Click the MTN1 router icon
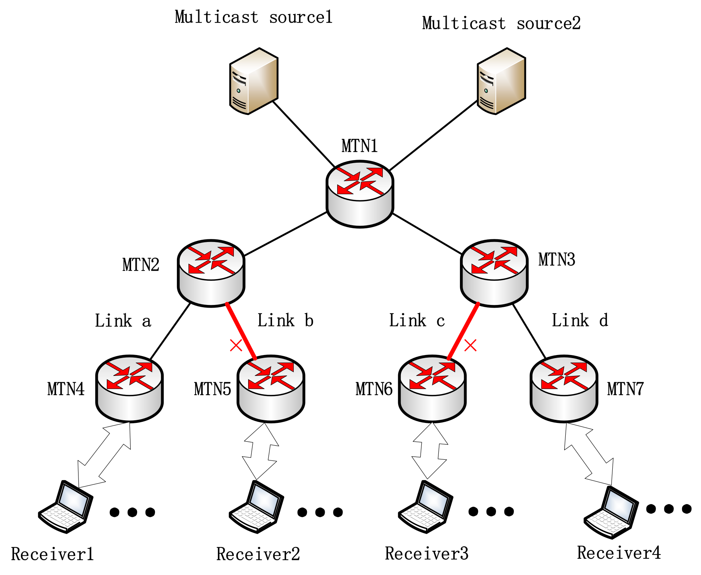(360, 194)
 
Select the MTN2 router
(211, 273)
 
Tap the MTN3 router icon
(494, 273)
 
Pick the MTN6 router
(432, 389)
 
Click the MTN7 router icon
(564, 389)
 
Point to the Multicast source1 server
(253, 81)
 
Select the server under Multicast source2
(501, 81)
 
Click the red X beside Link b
(236, 345)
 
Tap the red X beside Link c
(470, 345)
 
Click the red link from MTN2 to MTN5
(241, 331)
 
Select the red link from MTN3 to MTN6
(463, 331)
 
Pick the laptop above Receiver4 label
(611, 512)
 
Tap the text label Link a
(123, 321)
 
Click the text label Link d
(580, 320)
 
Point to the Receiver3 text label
(427, 554)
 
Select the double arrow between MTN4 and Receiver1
(104, 455)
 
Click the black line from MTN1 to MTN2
(286, 234)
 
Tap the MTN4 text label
(66, 389)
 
